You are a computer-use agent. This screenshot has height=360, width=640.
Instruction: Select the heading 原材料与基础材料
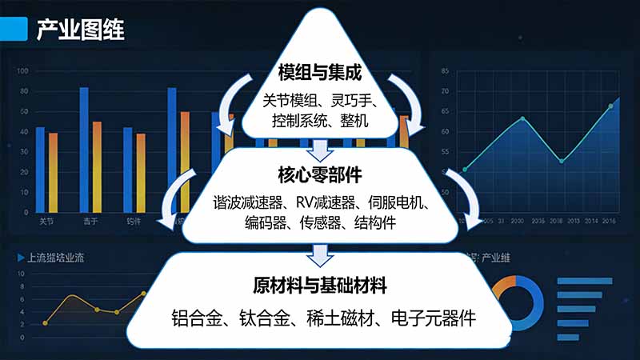[x=320, y=286]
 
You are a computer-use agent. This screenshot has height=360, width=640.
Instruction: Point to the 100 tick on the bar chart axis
[x=22, y=71]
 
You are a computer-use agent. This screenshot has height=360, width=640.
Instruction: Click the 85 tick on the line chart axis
[x=445, y=71]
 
